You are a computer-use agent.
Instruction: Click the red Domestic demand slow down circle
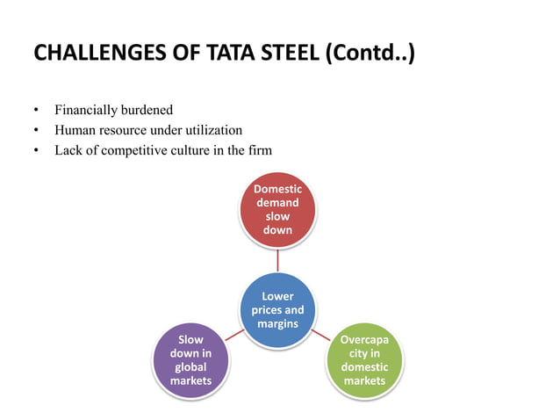pyautogui.click(x=277, y=209)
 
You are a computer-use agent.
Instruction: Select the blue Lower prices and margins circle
pyautogui.click(x=277, y=310)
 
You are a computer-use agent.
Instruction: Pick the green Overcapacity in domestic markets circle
pyautogui.click(x=363, y=359)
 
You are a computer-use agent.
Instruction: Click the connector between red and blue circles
pyautogui.click(x=277, y=260)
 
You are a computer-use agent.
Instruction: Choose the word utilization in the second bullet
pyautogui.click(x=211, y=130)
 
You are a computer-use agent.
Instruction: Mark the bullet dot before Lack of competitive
pyautogui.click(x=36, y=151)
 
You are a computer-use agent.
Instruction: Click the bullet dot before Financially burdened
pyautogui.click(x=36, y=112)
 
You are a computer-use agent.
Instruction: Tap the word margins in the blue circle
pyautogui.click(x=277, y=324)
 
